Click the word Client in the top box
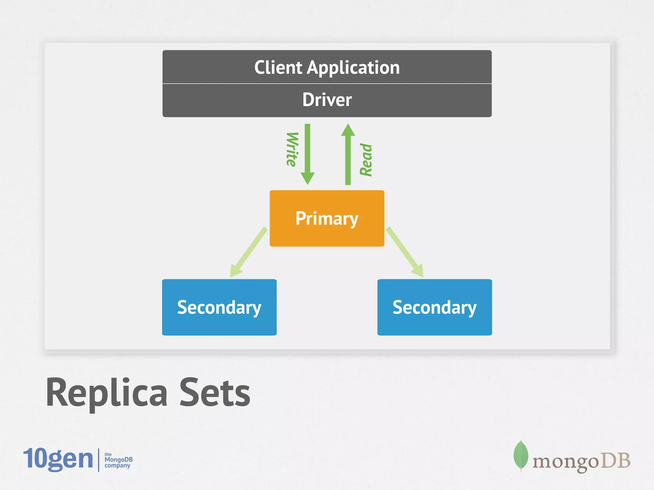tap(278, 68)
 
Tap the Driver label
tap(327, 100)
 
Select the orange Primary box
tap(327, 219)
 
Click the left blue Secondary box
tap(219, 307)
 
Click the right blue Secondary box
tap(435, 307)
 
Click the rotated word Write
tap(292, 149)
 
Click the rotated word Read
tap(366, 160)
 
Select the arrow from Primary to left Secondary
tap(248, 252)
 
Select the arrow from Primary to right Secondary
tap(405, 252)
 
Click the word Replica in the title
tap(107, 393)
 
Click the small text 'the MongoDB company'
tap(118, 460)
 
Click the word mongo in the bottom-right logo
tap(565, 462)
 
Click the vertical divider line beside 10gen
tap(99, 460)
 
